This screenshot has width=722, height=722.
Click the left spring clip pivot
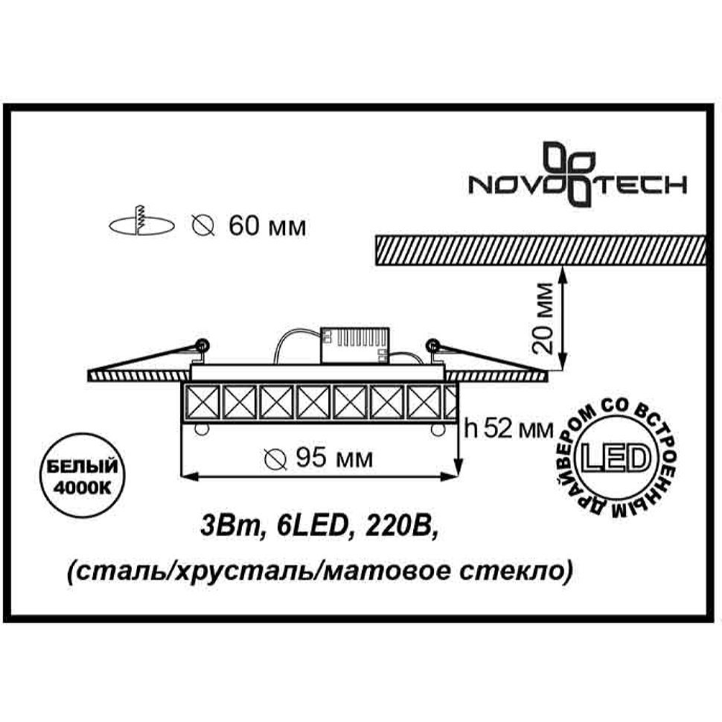202,345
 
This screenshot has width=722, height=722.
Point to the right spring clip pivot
433,345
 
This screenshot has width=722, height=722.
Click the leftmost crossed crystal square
200,401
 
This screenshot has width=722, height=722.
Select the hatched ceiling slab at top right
540,251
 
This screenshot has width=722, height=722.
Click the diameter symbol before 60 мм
203,226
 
